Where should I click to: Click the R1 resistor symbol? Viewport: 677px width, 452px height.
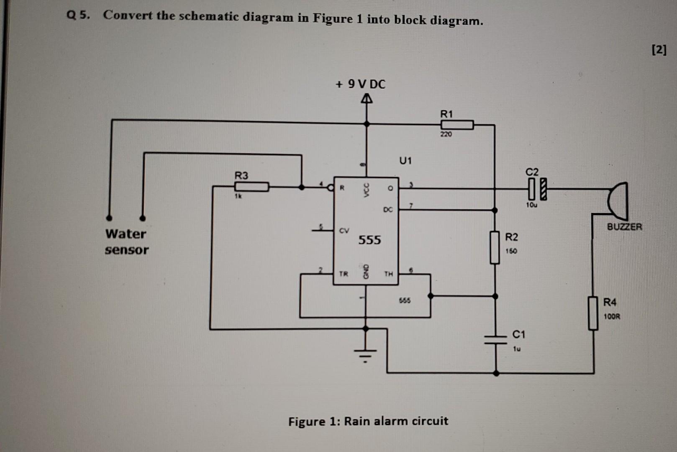click(x=457, y=125)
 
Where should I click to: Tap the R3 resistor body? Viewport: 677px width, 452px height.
click(x=251, y=187)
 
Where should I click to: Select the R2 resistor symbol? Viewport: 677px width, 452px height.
click(x=495, y=247)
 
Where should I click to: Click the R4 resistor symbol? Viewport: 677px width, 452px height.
click(x=593, y=313)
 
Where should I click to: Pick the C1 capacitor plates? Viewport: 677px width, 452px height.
click(x=495, y=339)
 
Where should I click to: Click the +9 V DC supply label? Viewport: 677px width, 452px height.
click(x=360, y=85)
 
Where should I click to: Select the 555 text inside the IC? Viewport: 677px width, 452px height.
click(x=369, y=240)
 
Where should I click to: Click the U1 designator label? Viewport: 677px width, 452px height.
click(x=405, y=160)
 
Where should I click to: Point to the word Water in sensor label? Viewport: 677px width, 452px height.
click(x=126, y=234)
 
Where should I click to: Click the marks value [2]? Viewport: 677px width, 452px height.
click(x=659, y=50)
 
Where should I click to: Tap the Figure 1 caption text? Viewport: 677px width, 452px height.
click(x=368, y=421)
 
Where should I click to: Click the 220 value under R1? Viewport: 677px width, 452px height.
click(x=446, y=134)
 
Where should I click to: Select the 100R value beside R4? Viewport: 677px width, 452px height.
click(x=612, y=317)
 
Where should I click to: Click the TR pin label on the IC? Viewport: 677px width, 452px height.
click(x=343, y=274)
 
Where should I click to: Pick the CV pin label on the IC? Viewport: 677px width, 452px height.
click(x=344, y=231)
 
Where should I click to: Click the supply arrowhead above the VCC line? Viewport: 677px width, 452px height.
click(x=367, y=99)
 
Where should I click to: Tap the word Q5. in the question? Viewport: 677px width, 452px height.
click(x=78, y=15)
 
